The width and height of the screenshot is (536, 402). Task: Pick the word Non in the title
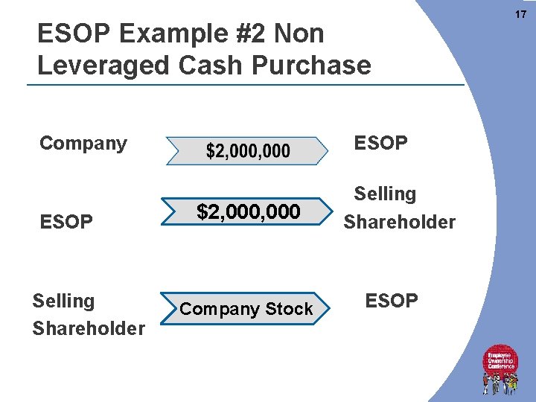299,34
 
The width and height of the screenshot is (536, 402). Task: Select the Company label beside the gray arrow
83,143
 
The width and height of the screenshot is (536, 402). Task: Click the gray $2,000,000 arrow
247,151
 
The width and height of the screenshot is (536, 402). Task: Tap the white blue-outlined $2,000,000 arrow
248,213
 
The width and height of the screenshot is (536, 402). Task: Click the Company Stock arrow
246,309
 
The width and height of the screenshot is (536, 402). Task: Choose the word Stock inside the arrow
289,309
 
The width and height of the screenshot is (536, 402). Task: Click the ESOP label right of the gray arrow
381,143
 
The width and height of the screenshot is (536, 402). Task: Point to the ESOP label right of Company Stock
392,301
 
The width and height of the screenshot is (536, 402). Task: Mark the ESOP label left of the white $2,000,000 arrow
66,223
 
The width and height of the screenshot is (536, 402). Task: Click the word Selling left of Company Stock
63,301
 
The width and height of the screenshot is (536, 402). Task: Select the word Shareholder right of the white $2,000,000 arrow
399,223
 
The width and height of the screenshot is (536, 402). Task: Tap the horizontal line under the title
246,85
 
